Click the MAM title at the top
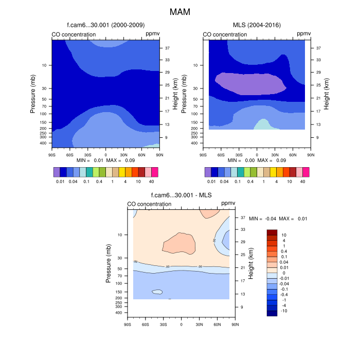point(180,11)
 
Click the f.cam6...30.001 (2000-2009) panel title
point(105,25)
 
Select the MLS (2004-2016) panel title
point(257,25)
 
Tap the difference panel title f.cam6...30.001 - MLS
point(182,195)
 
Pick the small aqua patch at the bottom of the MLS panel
point(262,124)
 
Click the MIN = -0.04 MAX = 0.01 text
point(278,219)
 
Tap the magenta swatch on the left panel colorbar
point(155,172)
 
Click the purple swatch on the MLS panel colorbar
point(208,172)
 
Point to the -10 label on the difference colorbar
point(283,311)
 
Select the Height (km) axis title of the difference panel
point(250,263)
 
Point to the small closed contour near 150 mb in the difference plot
point(157,292)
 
